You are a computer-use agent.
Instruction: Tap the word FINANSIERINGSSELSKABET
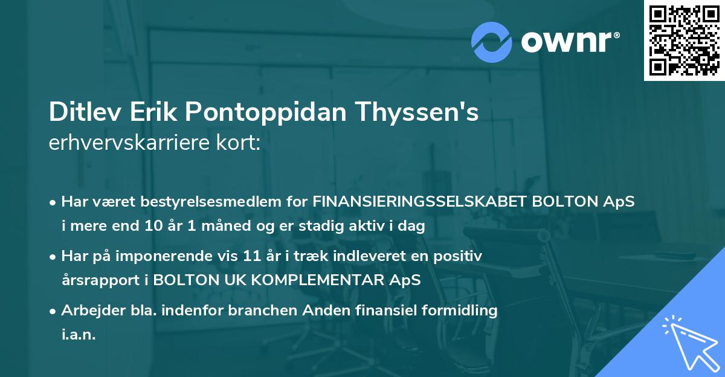pos(419,202)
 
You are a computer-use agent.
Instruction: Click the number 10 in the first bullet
pos(152,227)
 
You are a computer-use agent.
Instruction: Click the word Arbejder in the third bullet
pos(87,311)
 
